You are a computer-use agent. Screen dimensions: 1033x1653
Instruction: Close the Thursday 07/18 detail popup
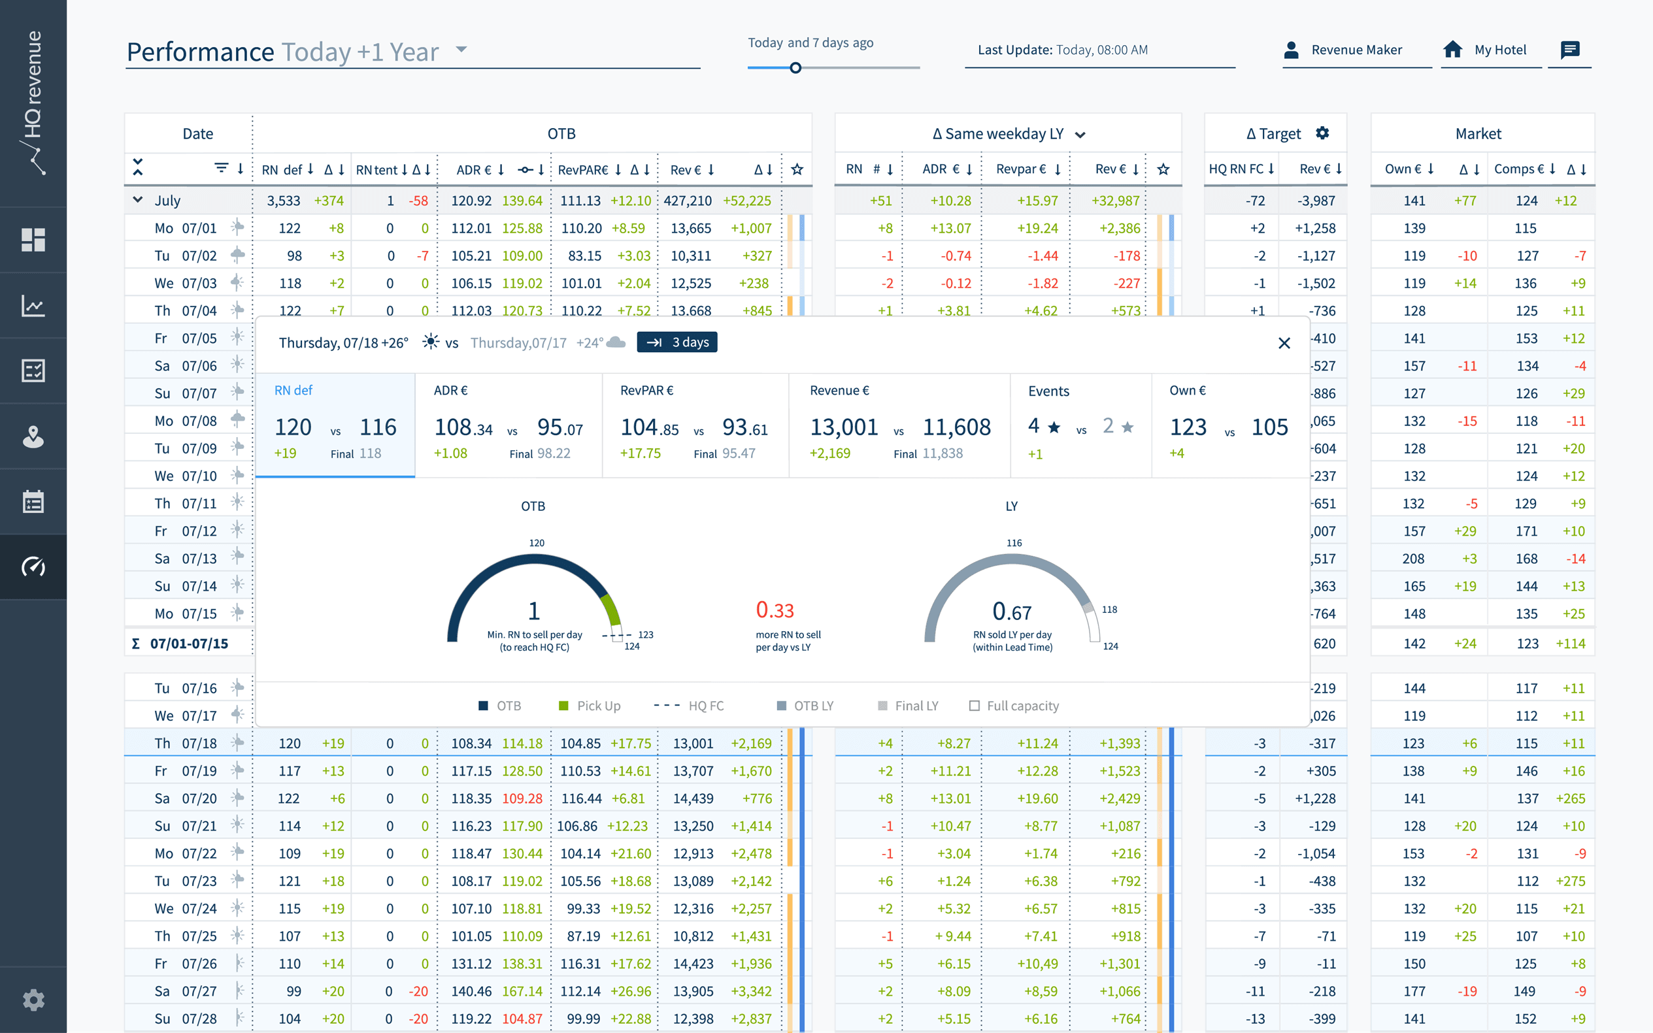(x=1283, y=343)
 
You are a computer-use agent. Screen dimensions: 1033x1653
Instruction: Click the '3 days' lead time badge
(x=676, y=342)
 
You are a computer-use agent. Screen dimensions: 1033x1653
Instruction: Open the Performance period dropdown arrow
(x=461, y=49)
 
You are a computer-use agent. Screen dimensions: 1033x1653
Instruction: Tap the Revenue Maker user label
(x=1356, y=50)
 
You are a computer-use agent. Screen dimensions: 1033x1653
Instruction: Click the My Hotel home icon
(x=1452, y=49)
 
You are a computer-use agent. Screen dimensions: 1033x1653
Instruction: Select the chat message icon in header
(x=1569, y=49)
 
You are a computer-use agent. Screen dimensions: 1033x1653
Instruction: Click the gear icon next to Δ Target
(x=1322, y=133)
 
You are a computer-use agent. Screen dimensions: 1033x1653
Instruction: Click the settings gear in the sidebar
(x=33, y=1000)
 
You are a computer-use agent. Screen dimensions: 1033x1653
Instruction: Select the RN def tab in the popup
(x=335, y=424)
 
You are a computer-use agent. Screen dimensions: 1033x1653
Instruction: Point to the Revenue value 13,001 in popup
(x=843, y=428)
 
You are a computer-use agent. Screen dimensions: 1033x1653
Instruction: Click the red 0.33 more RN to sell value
(x=775, y=610)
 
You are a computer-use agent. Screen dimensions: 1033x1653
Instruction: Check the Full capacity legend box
(x=975, y=706)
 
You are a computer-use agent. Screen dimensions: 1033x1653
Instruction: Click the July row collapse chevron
(x=138, y=199)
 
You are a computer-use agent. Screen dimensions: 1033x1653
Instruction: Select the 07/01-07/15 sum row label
(x=189, y=644)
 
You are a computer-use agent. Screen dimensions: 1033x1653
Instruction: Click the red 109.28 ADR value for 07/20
(x=522, y=798)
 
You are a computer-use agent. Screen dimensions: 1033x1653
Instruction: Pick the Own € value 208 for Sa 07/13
(x=1413, y=559)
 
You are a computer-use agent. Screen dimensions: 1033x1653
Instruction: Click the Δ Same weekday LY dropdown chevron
(x=1080, y=135)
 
